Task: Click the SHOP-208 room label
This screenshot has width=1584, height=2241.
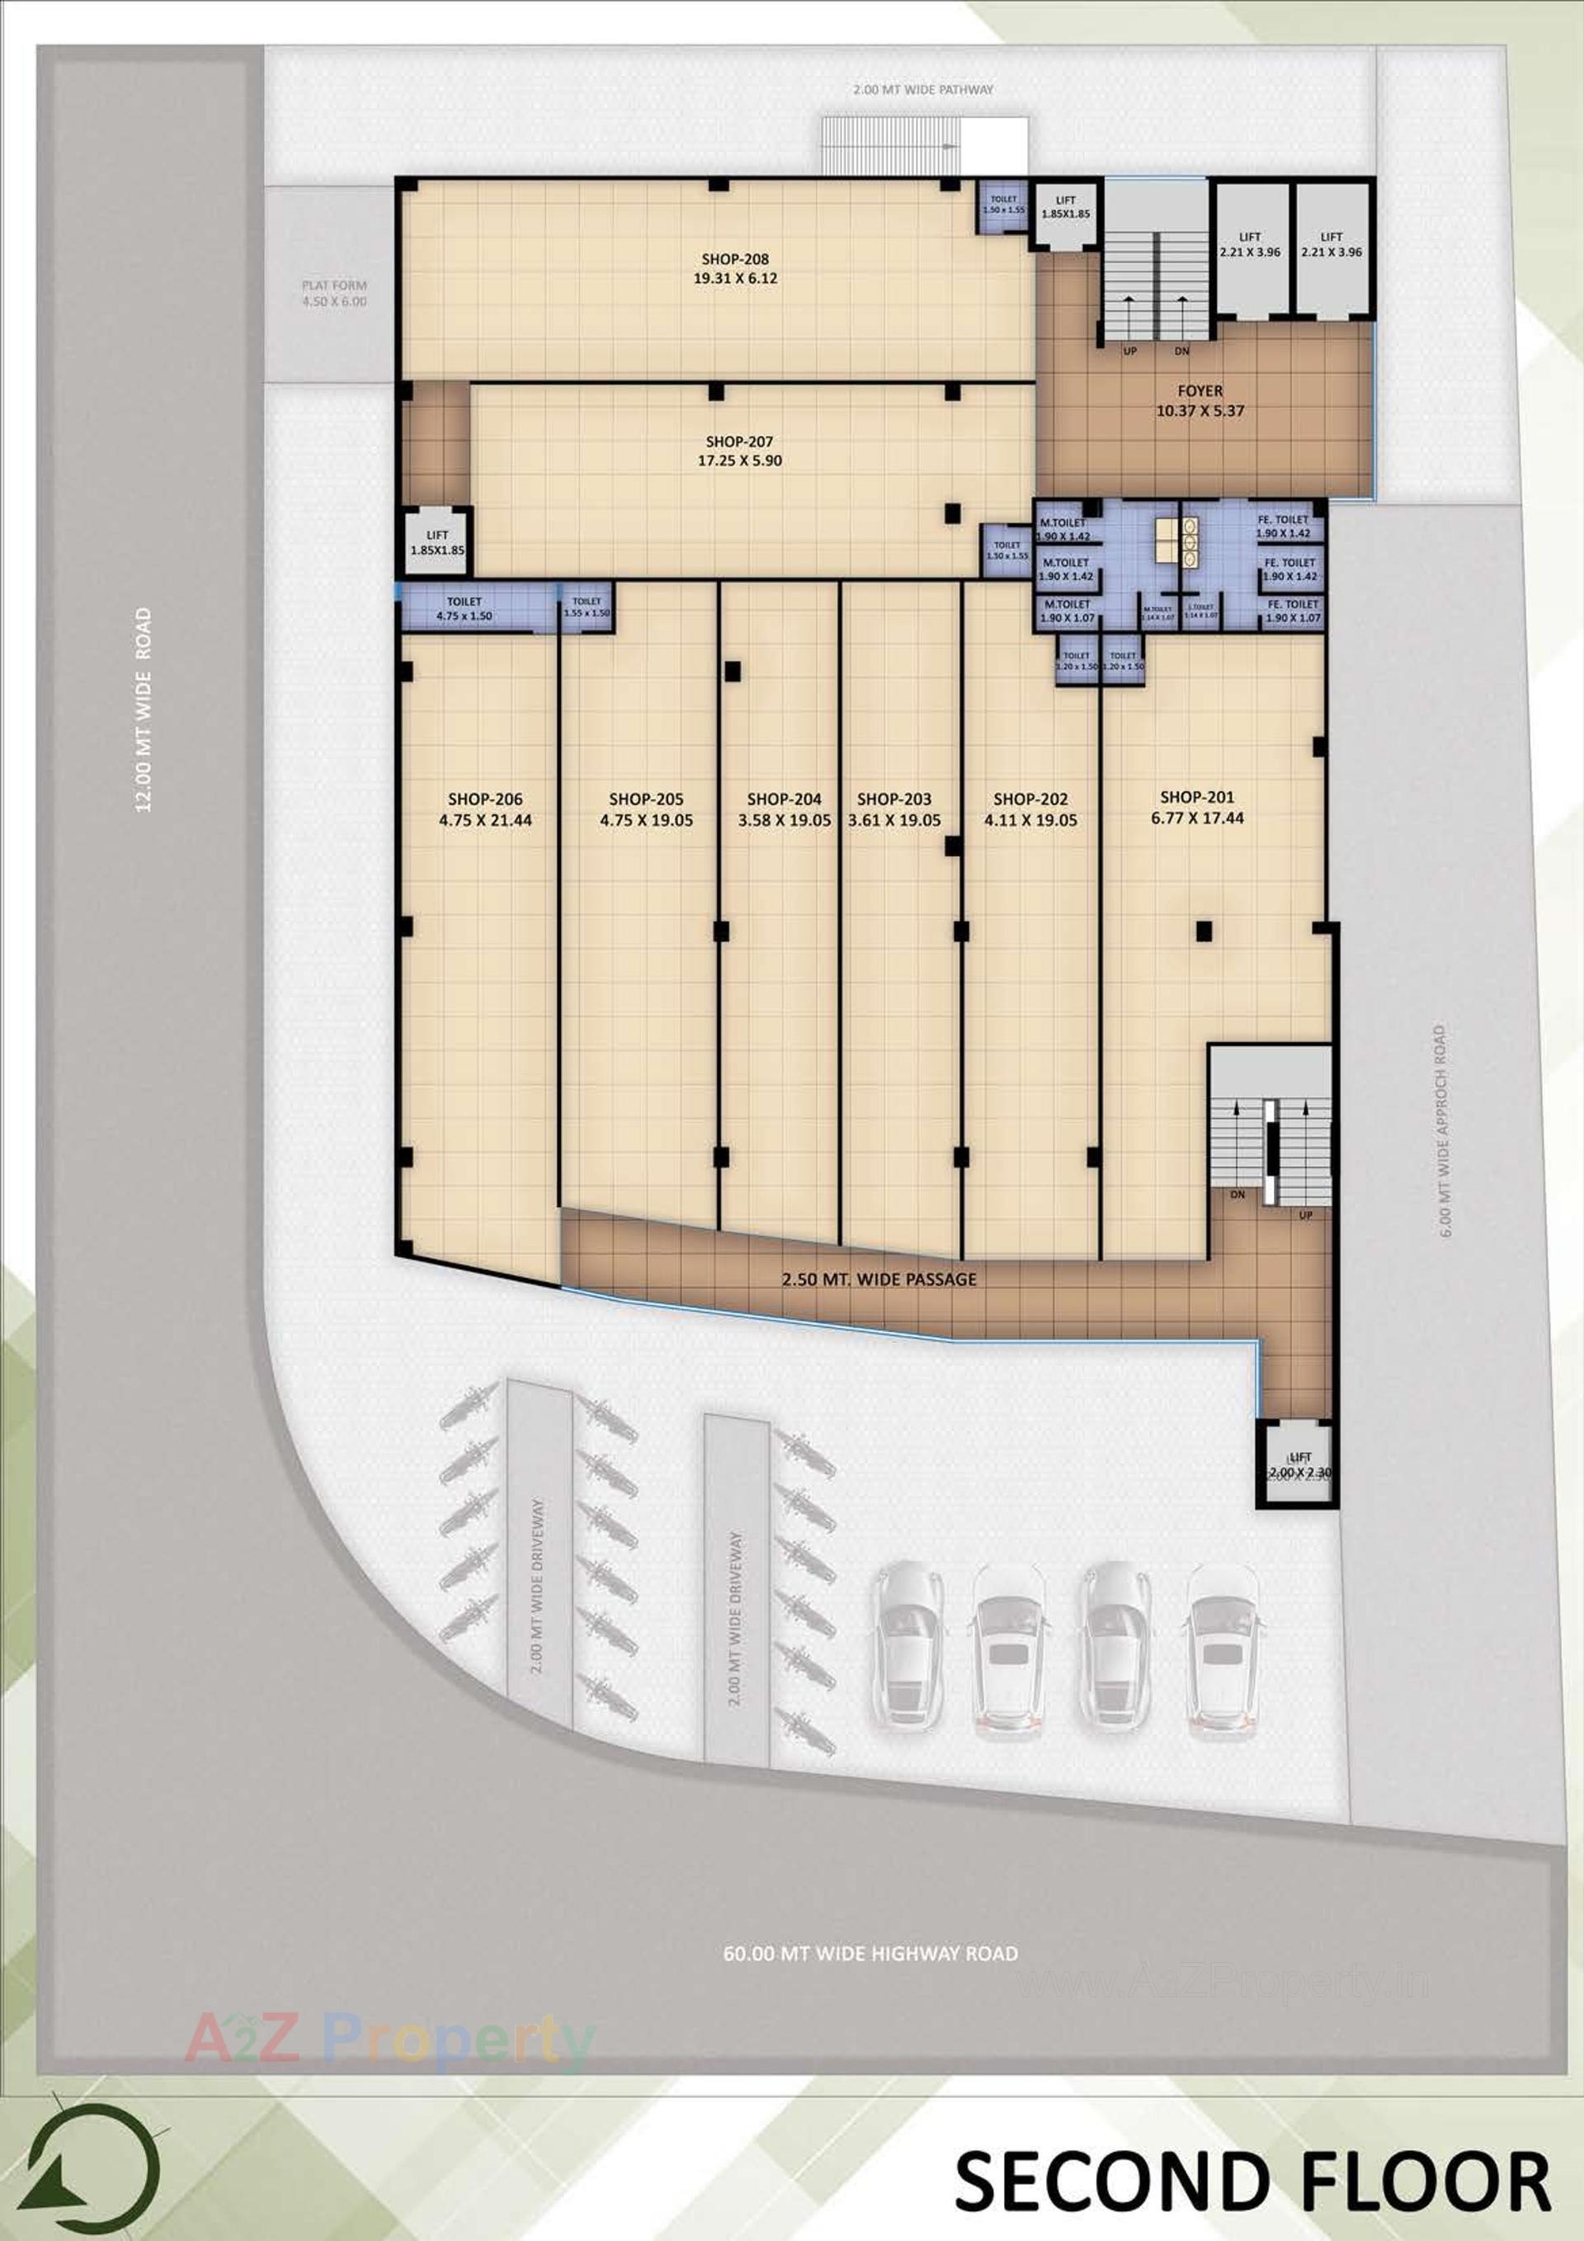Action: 735,258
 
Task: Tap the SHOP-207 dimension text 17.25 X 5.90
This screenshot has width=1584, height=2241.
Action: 740,460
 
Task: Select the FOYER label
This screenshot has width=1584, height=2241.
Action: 1200,390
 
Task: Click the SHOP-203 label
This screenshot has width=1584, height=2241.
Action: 894,800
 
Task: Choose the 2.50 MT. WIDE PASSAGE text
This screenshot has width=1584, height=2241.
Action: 879,1280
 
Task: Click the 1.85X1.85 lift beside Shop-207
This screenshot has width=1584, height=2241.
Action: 437,542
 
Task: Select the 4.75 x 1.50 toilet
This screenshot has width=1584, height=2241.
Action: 464,609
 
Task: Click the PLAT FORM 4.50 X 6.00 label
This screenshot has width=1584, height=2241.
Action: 334,294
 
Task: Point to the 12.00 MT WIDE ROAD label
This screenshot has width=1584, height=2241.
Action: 144,710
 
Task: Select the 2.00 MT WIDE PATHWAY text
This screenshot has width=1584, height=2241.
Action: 922,90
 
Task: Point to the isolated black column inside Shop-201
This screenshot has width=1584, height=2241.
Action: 1204,932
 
